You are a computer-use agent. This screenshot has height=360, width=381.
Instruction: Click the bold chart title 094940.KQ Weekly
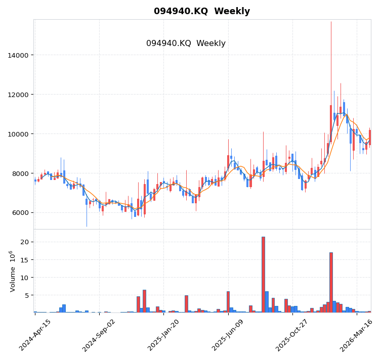(x=201, y=11)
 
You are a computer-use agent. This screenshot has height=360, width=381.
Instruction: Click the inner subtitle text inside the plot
(x=186, y=43)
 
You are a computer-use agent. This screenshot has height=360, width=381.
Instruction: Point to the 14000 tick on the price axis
(x=18, y=55)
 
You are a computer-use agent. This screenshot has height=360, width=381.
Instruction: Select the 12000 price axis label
(x=18, y=95)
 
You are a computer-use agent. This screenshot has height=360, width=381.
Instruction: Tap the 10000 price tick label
(x=18, y=134)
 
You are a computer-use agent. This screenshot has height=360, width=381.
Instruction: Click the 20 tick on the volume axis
(x=24, y=242)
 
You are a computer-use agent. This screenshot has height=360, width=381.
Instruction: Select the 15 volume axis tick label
(x=24, y=260)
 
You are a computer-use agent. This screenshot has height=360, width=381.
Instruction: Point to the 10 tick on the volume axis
(x=24, y=278)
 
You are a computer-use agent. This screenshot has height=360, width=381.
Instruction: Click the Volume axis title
(x=13, y=271)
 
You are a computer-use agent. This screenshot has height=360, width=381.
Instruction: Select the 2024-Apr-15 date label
(x=35, y=335)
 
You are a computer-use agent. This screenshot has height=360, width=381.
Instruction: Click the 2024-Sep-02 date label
(x=100, y=335)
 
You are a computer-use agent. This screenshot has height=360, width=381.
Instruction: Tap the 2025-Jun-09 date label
(x=229, y=335)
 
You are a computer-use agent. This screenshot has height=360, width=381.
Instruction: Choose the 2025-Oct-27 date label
(x=293, y=335)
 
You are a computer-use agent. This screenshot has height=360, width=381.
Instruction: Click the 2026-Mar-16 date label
(x=357, y=335)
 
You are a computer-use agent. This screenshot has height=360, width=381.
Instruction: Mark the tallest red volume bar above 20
(x=263, y=275)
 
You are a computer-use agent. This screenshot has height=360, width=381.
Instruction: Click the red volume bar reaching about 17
(x=331, y=282)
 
